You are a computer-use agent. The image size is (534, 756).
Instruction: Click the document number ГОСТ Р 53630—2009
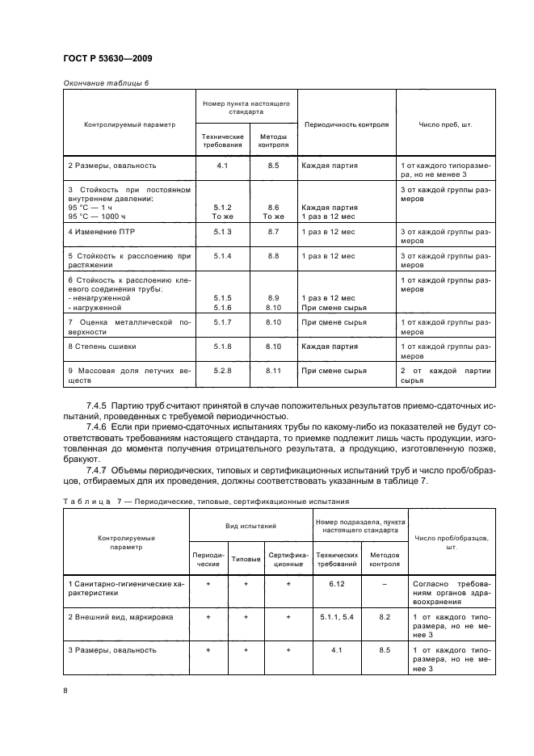[107, 59]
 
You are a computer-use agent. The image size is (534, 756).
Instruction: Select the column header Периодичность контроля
[345, 124]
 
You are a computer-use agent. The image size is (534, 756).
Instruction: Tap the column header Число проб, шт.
[445, 124]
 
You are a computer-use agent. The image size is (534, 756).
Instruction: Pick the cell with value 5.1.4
[222, 255]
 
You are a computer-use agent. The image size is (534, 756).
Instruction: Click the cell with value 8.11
[273, 370]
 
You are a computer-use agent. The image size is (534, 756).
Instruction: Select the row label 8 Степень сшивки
[102, 346]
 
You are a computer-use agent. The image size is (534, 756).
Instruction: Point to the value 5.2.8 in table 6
[222, 370]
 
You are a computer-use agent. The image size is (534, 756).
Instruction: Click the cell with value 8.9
[273, 298]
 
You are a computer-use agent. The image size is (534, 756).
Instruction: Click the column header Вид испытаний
[250, 527]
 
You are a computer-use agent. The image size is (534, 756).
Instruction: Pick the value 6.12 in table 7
[337, 582]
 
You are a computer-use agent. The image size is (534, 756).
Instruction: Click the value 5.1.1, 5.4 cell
[337, 616]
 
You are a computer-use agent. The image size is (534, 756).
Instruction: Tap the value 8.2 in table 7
[384, 616]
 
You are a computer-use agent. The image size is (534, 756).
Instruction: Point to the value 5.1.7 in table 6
[222, 322]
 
